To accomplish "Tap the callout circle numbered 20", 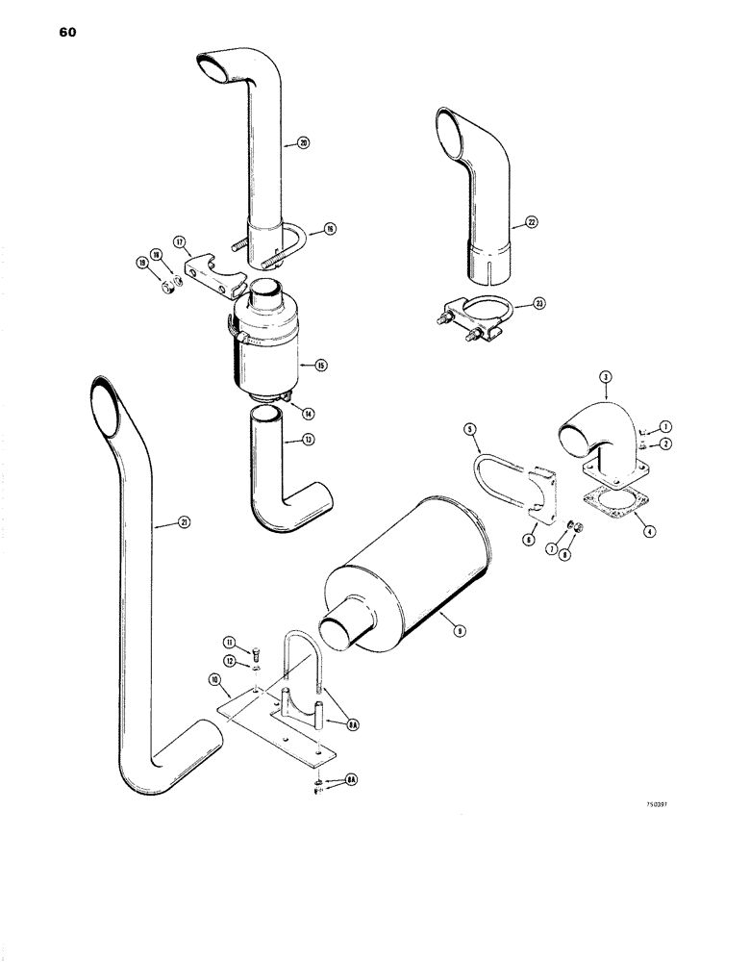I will [x=303, y=144].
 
